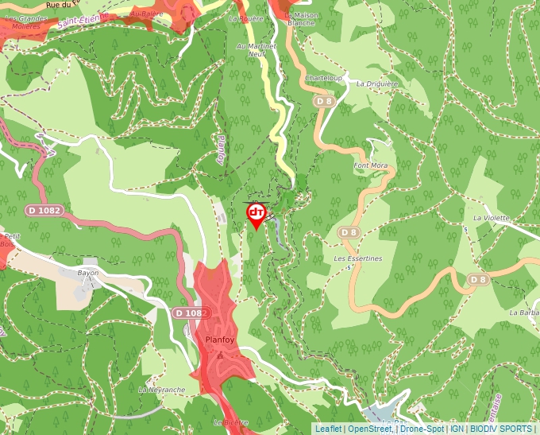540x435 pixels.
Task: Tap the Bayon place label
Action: [88, 273]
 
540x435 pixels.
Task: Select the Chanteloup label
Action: [323, 79]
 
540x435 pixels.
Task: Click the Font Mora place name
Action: [370, 165]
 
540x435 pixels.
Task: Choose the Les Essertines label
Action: [358, 258]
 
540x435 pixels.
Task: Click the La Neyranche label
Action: [161, 390]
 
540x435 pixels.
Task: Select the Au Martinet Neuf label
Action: [256, 50]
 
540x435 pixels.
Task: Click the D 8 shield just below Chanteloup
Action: [323, 101]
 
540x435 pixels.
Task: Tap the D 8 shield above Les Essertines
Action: [348, 232]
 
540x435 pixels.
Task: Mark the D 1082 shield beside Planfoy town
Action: [191, 313]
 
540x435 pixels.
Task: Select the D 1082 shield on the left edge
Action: [43, 210]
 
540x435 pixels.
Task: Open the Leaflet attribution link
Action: [328, 429]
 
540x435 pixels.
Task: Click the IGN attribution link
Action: [457, 429]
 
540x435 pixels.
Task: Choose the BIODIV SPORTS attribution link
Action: [501, 429]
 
